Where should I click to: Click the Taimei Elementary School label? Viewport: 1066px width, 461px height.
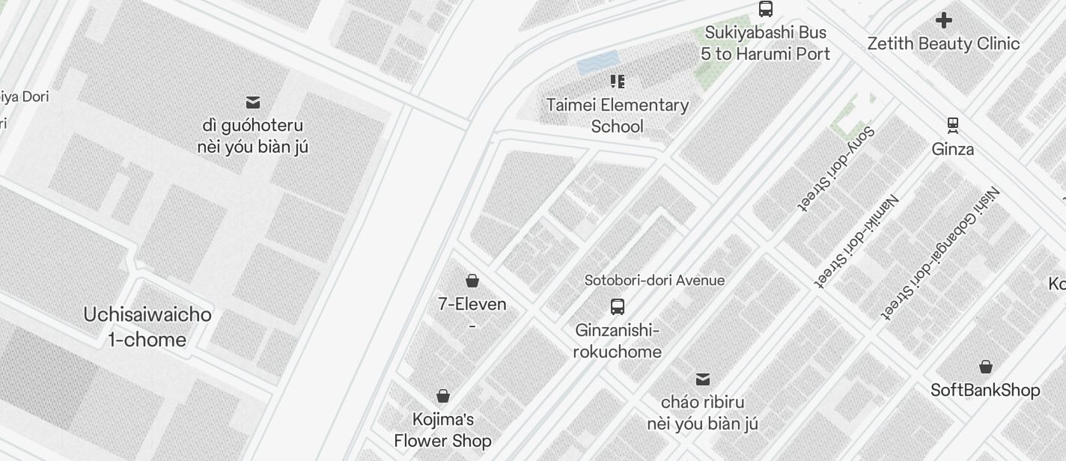tap(617, 115)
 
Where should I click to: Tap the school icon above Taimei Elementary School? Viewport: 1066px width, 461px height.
tap(617, 81)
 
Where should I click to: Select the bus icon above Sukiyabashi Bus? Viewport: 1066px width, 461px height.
tap(765, 9)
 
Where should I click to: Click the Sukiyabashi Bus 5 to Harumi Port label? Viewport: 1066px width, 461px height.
tap(765, 43)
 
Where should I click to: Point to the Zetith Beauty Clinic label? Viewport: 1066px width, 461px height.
tap(943, 43)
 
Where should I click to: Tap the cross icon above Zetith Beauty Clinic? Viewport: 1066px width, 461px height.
tap(944, 20)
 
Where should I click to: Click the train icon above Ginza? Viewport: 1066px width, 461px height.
tap(952, 124)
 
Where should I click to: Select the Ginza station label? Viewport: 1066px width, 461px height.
tap(952, 149)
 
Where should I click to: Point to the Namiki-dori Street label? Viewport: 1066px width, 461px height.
tap(858, 240)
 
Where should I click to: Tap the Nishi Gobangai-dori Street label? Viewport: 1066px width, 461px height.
tap(940, 252)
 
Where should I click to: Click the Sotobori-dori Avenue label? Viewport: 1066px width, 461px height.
tap(654, 280)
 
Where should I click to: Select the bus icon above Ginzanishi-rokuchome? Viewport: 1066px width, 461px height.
tap(617, 306)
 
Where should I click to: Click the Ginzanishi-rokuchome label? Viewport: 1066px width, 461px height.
tap(617, 341)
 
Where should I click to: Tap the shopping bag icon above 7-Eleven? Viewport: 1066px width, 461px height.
tap(472, 281)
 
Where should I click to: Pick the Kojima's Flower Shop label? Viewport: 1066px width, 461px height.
tap(442, 430)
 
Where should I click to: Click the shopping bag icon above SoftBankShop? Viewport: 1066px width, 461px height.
tap(985, 367)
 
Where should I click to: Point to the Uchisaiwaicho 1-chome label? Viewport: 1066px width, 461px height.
tap(147, 327)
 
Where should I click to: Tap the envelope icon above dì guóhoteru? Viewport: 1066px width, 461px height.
tap(253, 102)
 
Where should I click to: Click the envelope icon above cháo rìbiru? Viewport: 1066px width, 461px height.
tap(702, 379)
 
